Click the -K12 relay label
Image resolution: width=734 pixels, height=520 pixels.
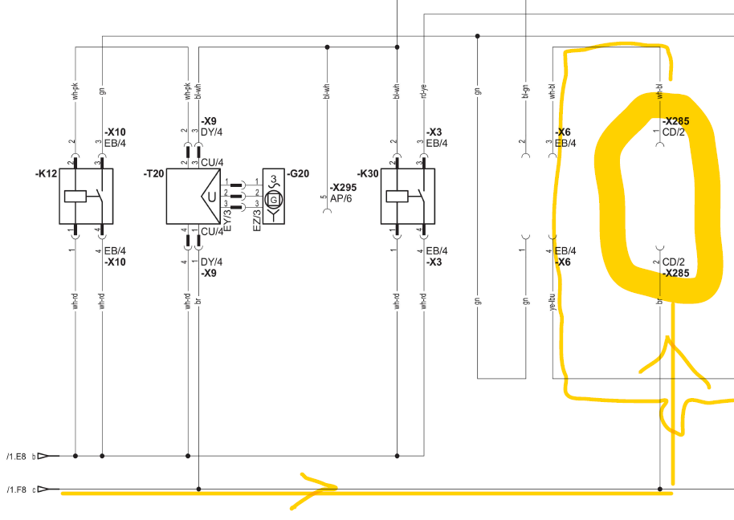[46, 173]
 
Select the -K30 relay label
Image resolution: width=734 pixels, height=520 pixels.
[369, 173]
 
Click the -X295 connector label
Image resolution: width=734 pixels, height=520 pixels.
[343, 187]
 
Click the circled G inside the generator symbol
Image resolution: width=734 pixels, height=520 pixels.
[274, 198]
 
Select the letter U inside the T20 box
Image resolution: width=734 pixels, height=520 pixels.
[211, 197]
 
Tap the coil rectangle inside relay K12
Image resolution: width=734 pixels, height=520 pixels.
[75, 196]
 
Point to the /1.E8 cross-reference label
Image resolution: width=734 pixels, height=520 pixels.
[16, 457]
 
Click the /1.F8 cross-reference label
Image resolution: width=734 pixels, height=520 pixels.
[16, 489]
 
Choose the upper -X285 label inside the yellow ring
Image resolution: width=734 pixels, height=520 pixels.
[676, 121]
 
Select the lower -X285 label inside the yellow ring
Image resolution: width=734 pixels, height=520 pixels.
[676, 273]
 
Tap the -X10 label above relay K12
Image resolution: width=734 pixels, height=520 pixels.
[115, 132]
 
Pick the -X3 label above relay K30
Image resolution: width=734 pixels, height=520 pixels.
[434, 132]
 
